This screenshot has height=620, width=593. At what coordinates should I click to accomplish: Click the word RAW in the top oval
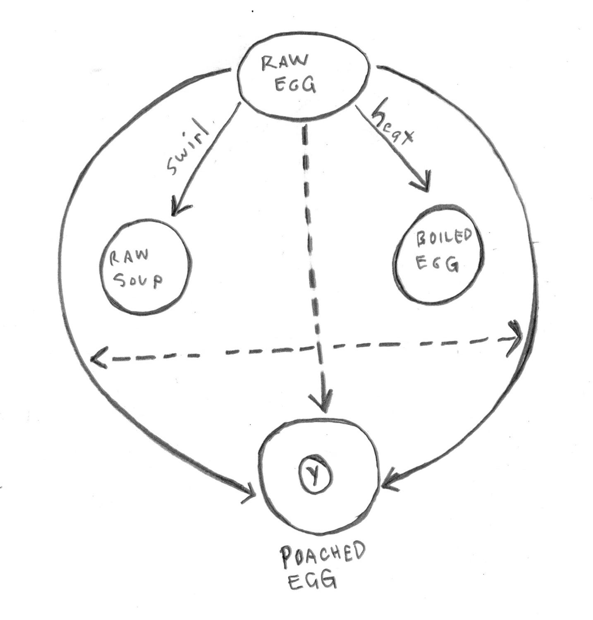(285, 64)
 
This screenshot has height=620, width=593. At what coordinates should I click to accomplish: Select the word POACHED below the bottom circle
(323, 556)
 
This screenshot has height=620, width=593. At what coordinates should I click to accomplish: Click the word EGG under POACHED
(311, 580)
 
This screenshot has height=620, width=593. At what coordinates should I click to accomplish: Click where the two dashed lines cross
(317, 348)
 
